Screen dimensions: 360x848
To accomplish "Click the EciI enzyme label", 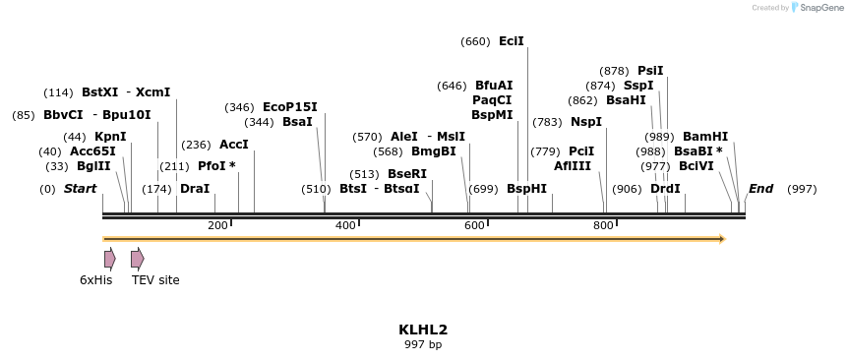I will [512, 41].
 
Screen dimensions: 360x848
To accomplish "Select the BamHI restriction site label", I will [705, 137].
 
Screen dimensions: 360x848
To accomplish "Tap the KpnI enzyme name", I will [110, 137].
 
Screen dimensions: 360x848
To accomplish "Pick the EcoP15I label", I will [290, 107].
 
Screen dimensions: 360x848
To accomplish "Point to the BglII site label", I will [93, 166].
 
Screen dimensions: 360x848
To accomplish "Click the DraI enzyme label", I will [195, 188].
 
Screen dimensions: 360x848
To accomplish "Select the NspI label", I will [586, 122].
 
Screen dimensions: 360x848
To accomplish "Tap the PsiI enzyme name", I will [650, 71].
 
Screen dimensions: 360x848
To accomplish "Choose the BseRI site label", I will [407, 174].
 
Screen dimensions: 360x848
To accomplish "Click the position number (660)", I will [475, 41].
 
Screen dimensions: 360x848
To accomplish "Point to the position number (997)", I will [802, 188].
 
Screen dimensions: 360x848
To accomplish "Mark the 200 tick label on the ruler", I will [217, 226].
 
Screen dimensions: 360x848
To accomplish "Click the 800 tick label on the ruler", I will [603, 226].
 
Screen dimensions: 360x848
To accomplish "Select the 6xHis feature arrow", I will [110, 259].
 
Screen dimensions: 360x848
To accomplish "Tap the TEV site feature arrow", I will [138, 259].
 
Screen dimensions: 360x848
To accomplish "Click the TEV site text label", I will [155, 280].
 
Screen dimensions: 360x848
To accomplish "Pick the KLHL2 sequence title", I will [423, 330].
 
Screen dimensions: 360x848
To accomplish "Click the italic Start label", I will [81, 188].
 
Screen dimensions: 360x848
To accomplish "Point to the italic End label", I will [760, 188].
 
